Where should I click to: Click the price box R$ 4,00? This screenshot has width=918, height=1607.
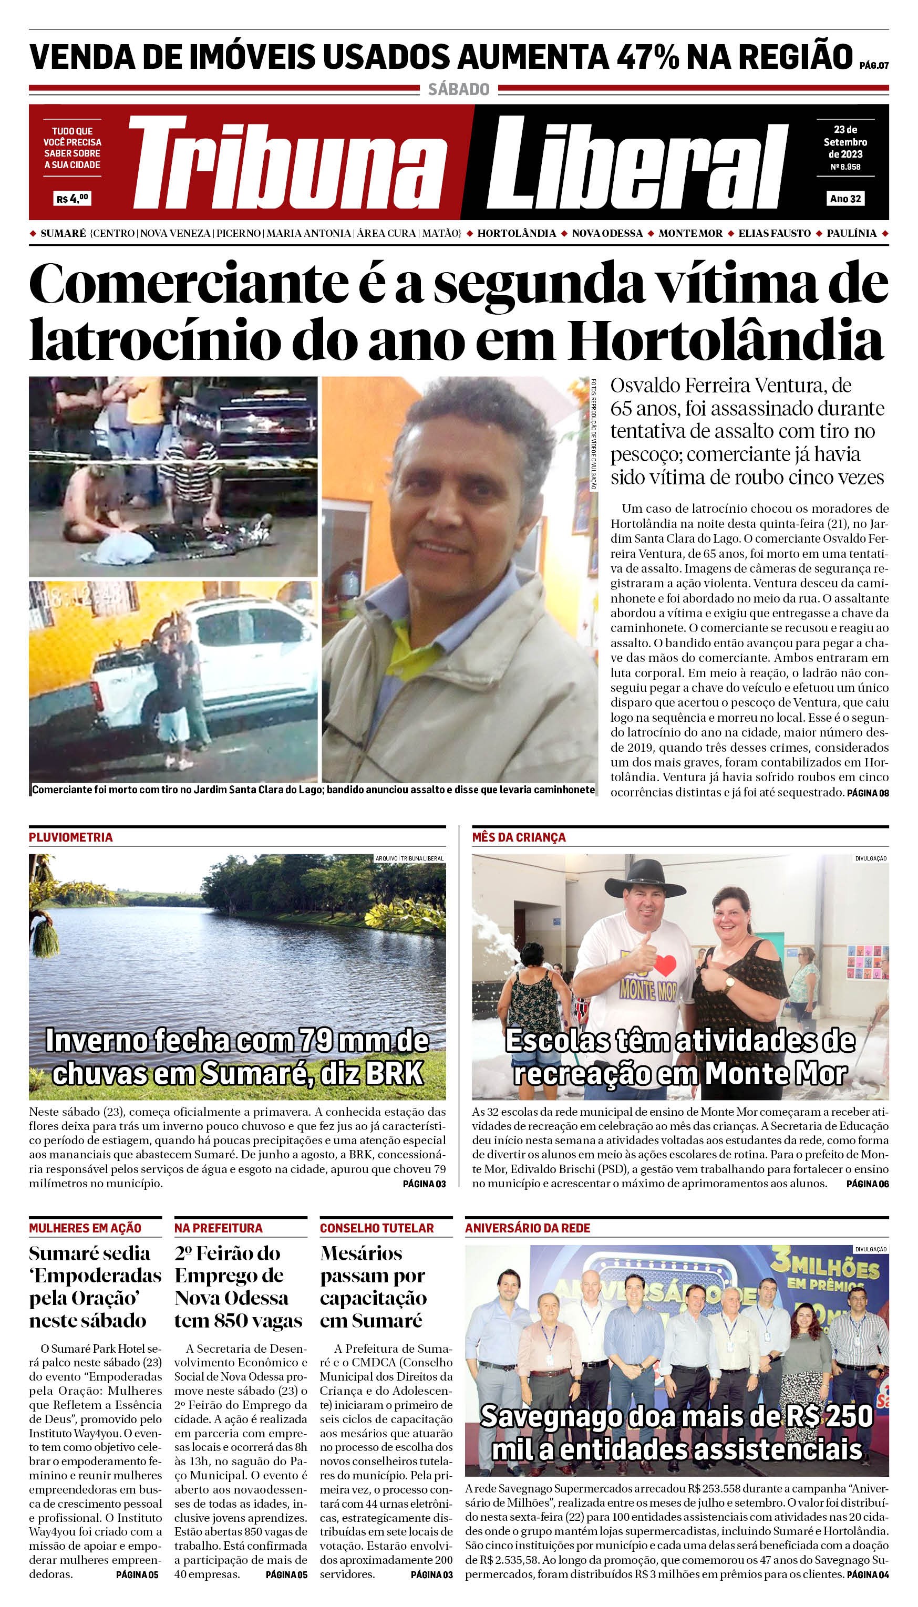coord(73,199)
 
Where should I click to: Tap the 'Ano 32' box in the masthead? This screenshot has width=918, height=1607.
coord(845,199)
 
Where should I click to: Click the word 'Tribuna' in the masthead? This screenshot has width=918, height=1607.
coord(287,165)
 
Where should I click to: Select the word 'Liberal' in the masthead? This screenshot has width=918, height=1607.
coord(637,165)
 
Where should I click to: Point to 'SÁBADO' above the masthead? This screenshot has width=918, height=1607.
coord(458,89)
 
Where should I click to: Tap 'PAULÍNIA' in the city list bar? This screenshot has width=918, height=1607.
coord(851,233)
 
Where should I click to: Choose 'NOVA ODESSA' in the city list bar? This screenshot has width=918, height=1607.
coord(607,233)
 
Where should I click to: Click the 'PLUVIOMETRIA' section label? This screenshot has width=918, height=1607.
coord(70,837)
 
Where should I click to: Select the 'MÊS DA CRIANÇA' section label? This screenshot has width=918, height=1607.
coord(519,837)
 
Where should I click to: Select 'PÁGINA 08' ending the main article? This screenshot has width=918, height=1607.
coord(868,793)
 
